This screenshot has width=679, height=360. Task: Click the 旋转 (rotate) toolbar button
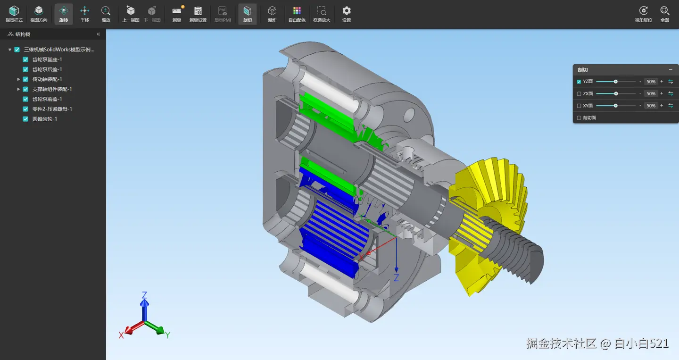pos(63,14)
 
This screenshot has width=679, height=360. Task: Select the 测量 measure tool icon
pos(177,11)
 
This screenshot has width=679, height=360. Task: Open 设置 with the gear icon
pos(346,11)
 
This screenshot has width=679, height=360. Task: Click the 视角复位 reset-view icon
pos(643,11)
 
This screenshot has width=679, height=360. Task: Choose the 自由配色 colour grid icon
pos(297,11)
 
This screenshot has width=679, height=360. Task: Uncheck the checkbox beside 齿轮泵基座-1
pos(25,59)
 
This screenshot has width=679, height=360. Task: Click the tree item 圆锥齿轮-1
pos(44,119)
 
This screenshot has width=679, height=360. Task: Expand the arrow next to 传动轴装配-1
pos(18,79)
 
